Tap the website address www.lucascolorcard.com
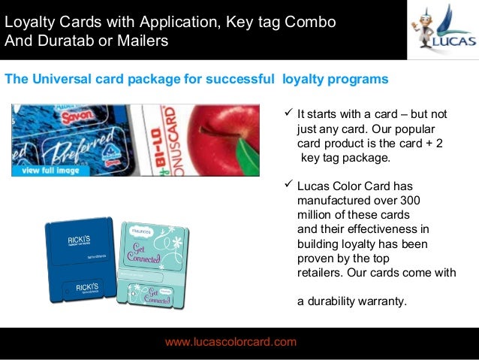click(230, 342)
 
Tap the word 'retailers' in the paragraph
click(321, 273)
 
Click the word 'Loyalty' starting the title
click(29, 22)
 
